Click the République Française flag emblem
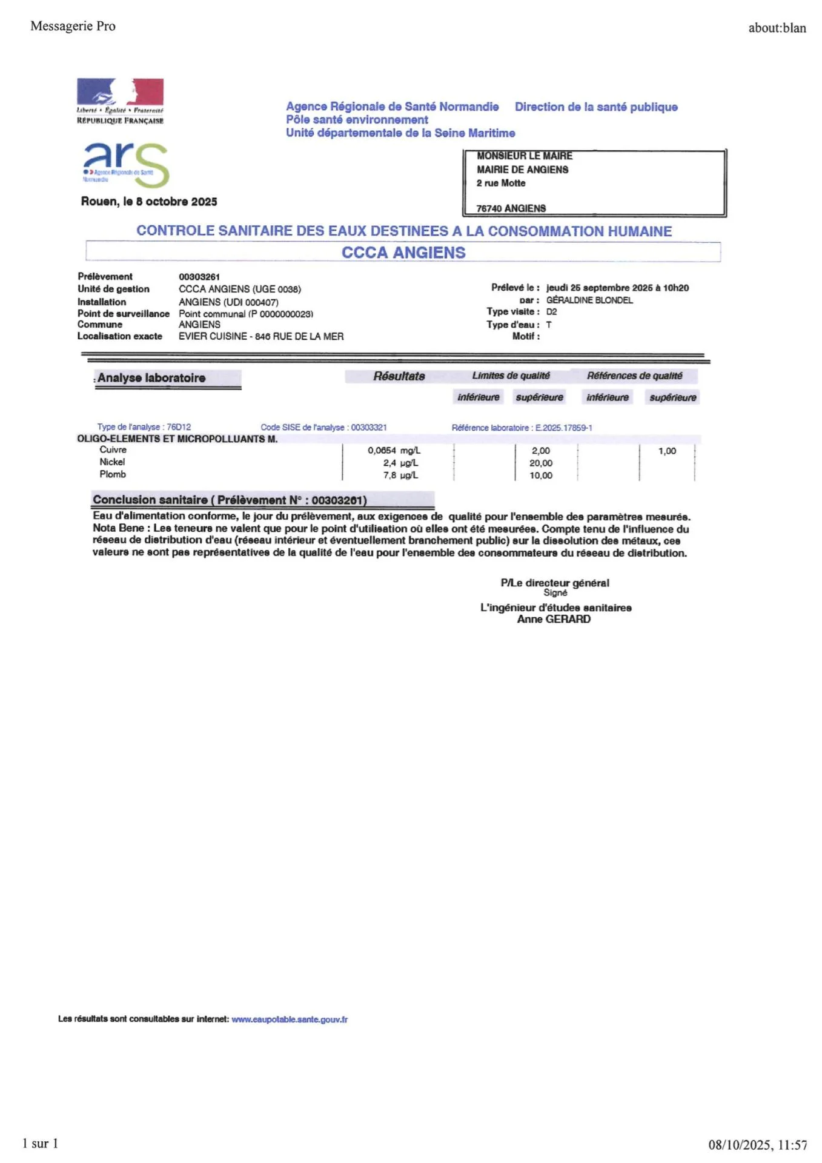[120, 92]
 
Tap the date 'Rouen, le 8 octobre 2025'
[149, 202]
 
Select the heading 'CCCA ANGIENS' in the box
[403, 253]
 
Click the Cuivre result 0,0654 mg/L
[394, 451]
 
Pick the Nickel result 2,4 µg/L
[400, 463]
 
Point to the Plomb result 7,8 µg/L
[400, 475]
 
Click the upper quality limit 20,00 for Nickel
[541, 463]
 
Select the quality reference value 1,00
[667, 451]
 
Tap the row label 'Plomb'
[113, 474]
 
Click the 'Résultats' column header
[399, 376]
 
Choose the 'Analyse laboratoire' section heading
[151, 378]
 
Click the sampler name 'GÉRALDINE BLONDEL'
[589, 300]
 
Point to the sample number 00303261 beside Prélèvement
[199, 277]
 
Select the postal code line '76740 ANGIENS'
[511, 208]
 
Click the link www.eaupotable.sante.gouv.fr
[290, 1019]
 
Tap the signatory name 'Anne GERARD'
[554, 619]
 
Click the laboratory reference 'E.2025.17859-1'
[564, 428]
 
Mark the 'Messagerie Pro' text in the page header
[73, 26]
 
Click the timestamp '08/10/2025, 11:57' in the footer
[758, 1145]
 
